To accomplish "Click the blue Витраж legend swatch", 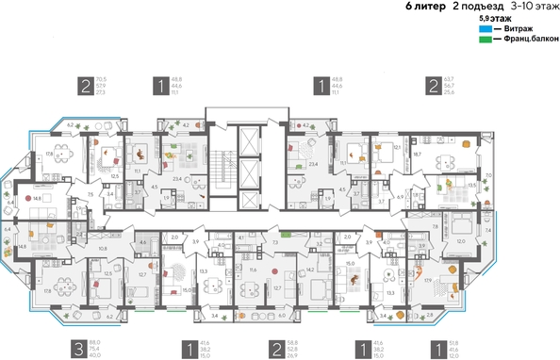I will point(484,29).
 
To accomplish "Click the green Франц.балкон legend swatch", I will point(484,39).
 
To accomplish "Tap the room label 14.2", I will point(310,269).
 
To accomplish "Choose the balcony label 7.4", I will point(489,229).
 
